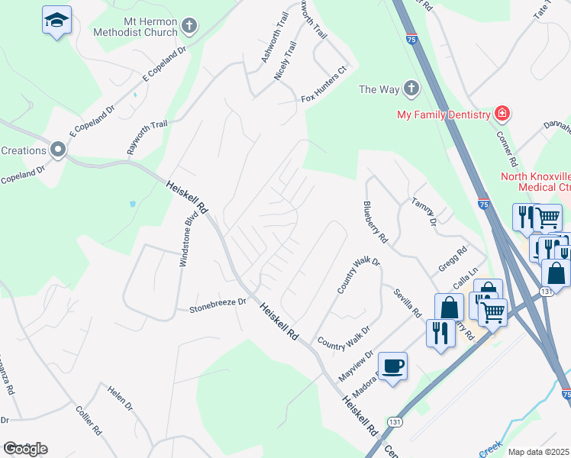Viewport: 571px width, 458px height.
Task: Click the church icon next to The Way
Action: tap(411, 89)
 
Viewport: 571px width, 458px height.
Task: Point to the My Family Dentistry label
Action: tap(443, 114)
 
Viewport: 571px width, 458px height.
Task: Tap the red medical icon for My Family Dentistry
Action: tap(502, 114)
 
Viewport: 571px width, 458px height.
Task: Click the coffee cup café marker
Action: tap(393, 366)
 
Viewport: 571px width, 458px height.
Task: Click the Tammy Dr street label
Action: tap(424, 212)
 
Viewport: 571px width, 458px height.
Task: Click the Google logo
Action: tap(25, 449)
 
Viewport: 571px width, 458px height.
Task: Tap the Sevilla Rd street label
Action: tap(408, 303)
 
